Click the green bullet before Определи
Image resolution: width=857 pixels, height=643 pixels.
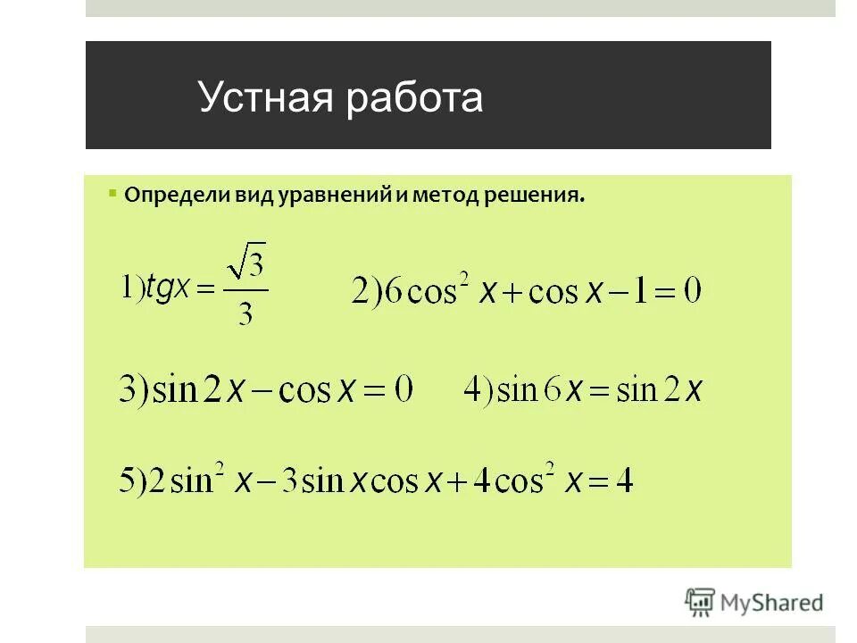coord(112,192)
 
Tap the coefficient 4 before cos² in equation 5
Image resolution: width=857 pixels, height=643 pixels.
coord(478,482)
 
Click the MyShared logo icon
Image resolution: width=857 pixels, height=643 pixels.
coord(702,602)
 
